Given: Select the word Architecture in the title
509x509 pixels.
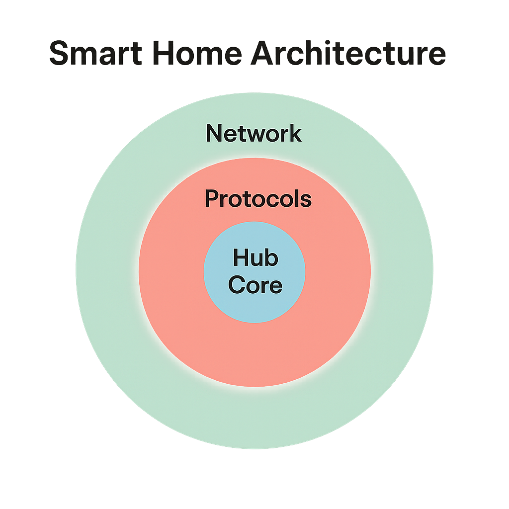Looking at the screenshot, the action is point(347,54).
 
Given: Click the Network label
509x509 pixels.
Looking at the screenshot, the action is point(254,133).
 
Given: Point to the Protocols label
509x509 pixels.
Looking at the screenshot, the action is point(258,199).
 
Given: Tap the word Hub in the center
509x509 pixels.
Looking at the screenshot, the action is point(255,258).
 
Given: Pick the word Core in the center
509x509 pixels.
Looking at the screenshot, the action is point(255,285).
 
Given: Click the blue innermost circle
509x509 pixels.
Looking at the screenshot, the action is point(278,308).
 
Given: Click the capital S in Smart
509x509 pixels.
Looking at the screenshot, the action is point(59,54).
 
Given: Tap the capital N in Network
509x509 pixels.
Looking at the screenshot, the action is point(214,133).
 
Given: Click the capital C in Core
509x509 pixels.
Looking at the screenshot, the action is point(237,285).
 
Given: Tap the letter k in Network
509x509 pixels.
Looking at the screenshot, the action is point(295,133).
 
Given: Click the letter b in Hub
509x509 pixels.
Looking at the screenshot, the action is point(271,258).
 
